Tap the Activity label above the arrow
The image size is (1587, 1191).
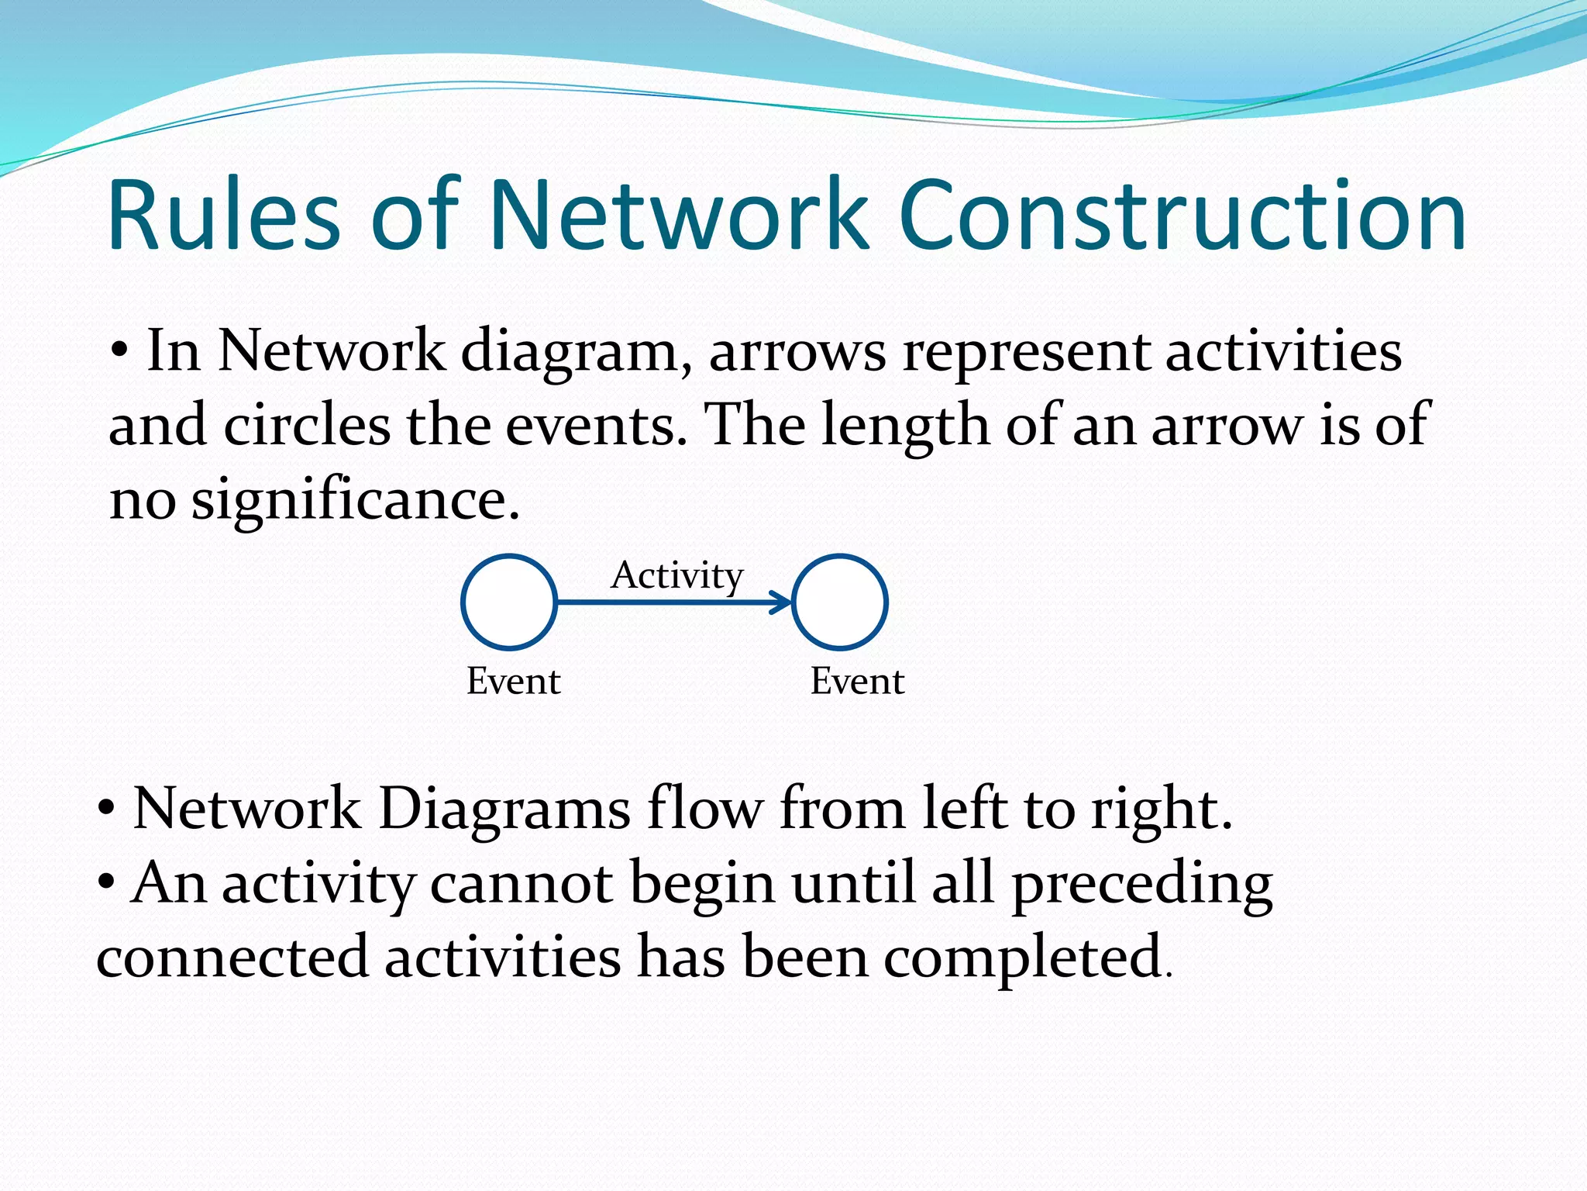coord(676,576)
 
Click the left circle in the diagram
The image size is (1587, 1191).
coord(509,602)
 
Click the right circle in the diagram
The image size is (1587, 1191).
coord(840,602)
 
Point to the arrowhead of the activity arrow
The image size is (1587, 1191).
coord(783,602)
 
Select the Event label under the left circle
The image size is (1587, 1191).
coord(513,682)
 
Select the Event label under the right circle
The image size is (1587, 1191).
coord(857,682)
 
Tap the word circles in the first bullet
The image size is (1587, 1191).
coord(307,426)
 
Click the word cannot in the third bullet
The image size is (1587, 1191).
coord(524,883)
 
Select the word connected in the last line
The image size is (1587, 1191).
coord(232,957)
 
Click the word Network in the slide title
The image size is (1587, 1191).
coord(677,216)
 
